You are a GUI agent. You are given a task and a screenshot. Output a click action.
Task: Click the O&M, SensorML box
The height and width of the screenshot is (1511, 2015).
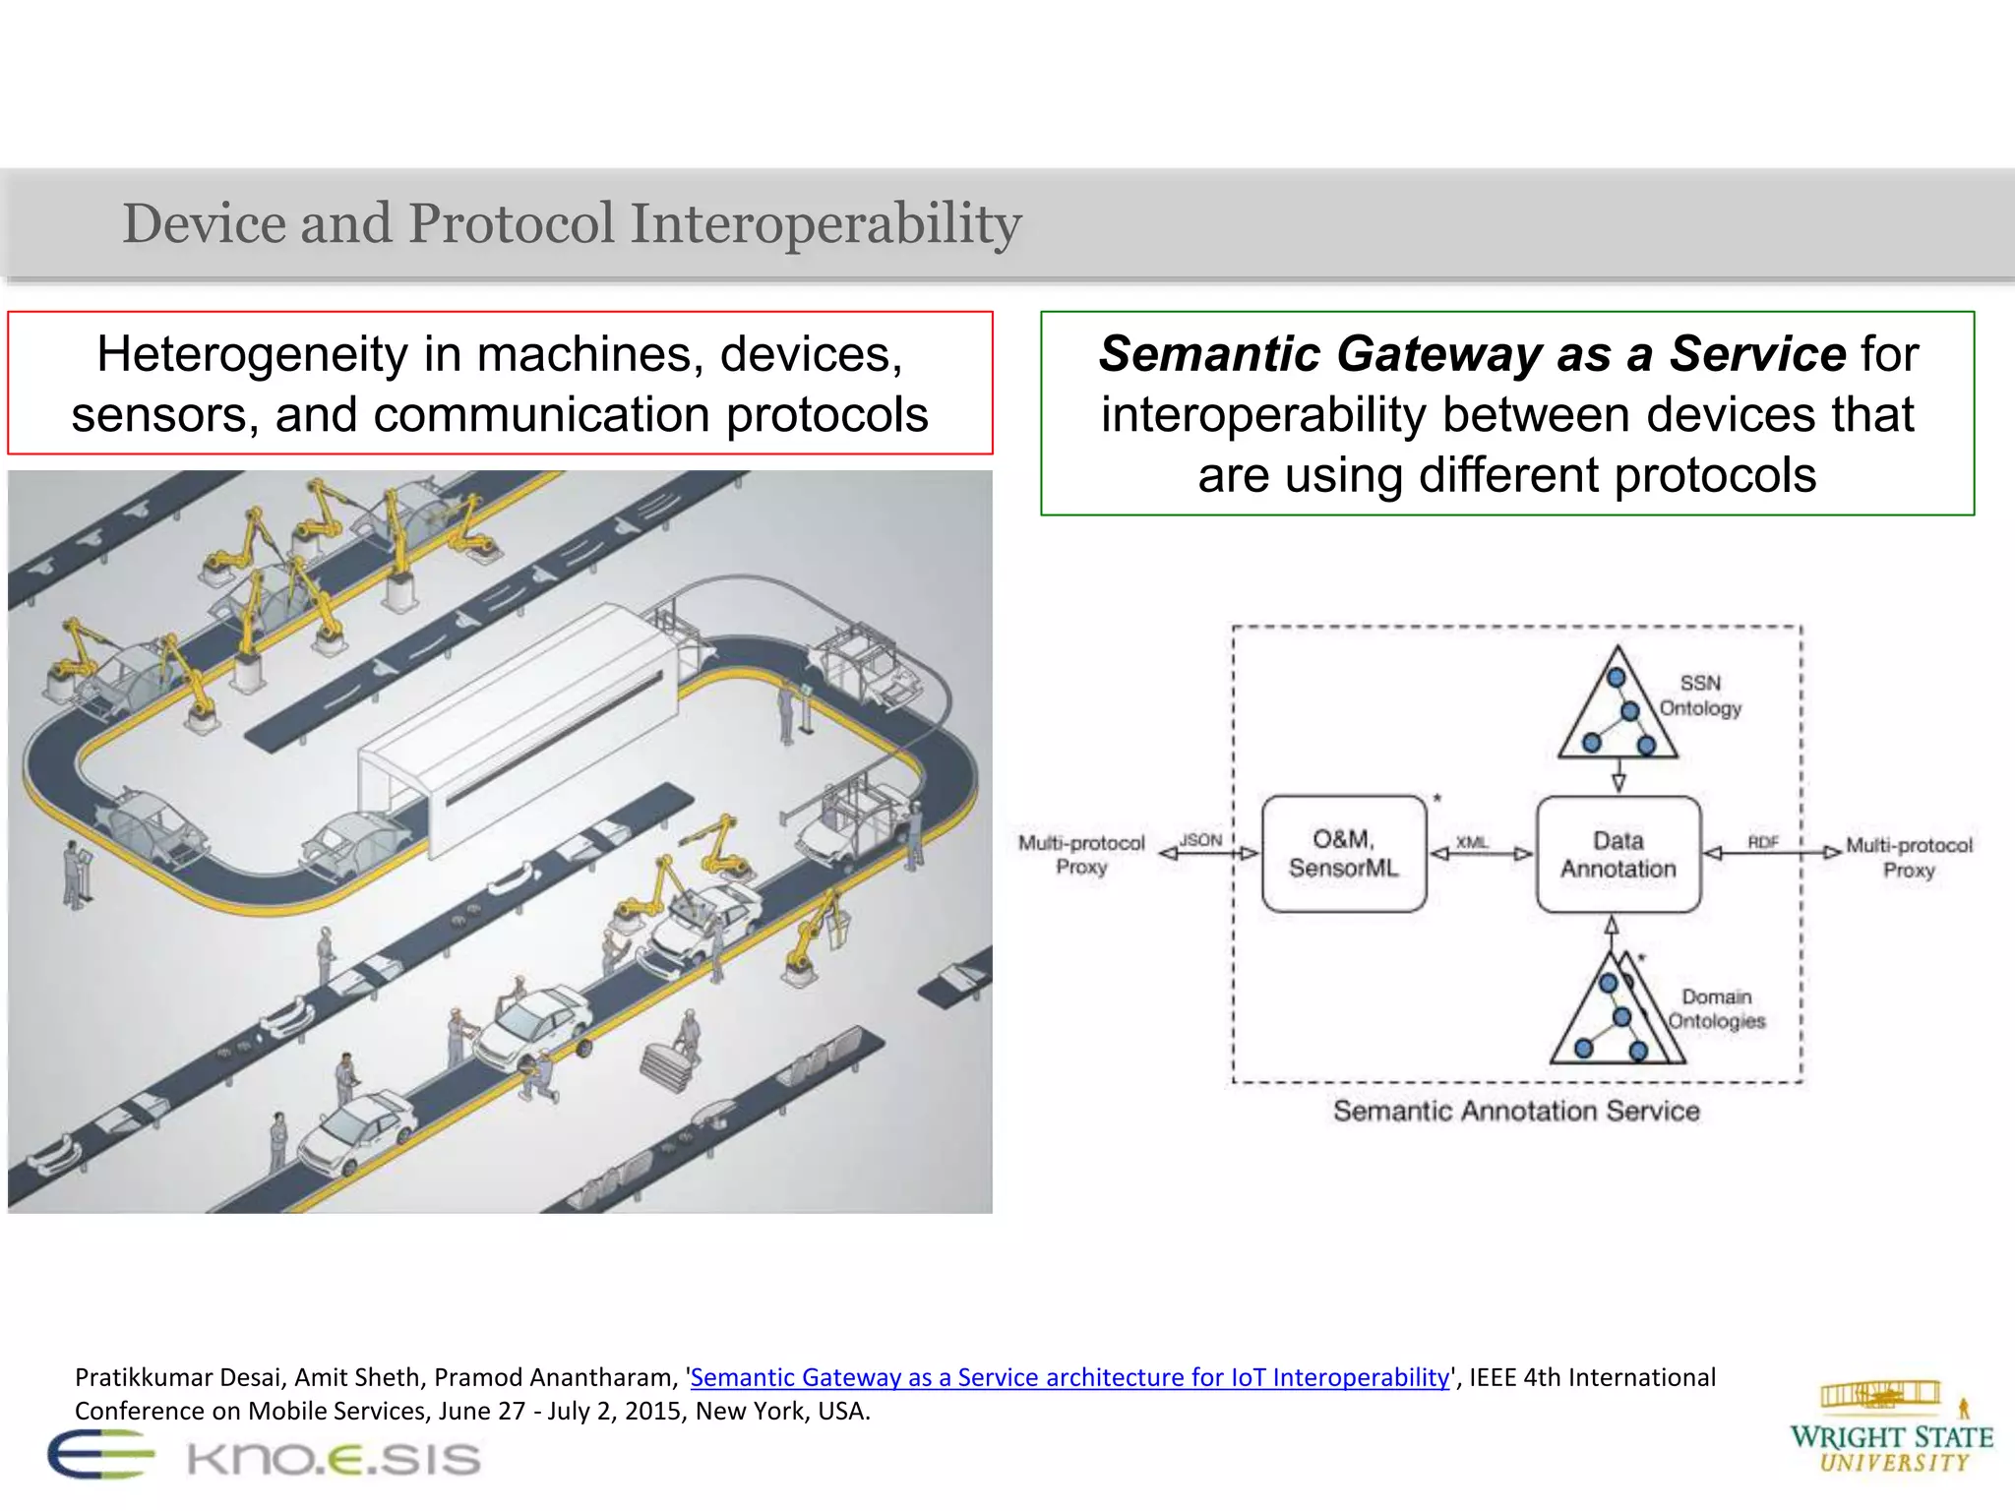pos(1344,854)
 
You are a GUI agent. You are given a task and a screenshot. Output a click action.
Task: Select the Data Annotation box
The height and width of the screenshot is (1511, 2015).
pos(1618,855)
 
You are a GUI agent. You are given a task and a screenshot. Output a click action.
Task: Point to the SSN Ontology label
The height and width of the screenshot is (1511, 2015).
pos(1700,695)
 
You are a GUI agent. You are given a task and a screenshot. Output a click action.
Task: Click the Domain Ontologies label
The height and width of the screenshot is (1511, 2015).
pos(1716,1009)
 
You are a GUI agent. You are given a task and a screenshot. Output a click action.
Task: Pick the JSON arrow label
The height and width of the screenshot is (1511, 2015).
pos(1200,840)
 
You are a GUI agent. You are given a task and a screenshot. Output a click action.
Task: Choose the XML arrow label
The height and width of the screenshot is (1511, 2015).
pos(1472,842)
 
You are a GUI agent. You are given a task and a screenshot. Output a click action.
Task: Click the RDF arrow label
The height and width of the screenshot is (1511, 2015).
pos(1763,841)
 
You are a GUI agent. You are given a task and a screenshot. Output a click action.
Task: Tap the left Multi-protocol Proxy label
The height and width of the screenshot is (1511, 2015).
pos(1081,855)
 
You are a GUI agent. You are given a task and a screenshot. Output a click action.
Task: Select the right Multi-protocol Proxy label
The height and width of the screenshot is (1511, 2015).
pos(1909,858)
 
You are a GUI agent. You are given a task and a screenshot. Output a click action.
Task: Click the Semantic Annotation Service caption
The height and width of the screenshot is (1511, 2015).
pos(1516,1112)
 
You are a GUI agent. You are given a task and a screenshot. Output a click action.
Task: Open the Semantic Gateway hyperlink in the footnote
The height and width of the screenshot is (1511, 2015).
pos(1069,1377)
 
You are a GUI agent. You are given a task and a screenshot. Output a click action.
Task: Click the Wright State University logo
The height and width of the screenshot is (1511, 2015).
pos(1891,1427)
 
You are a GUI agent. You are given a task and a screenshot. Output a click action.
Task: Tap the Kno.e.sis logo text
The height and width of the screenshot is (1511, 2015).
pos(334,1459)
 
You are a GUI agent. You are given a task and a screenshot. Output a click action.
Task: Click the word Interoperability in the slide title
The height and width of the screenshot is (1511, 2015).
pos(825,223)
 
